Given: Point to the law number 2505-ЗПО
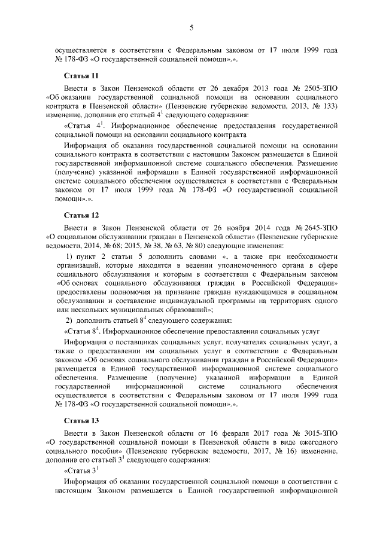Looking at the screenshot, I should pyautogui.click(x=321, y=88).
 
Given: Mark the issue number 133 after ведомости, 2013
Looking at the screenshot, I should pyautogui.click(x=327, y=106).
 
